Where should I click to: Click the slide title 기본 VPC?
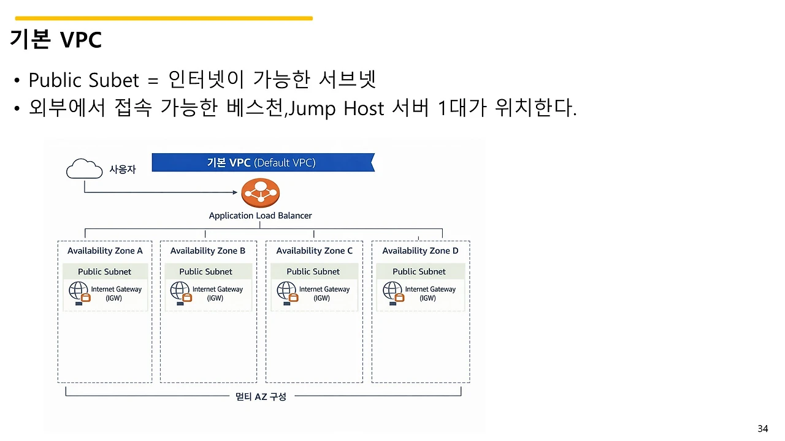tap(55, 40)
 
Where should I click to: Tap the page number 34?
tap(762, 428)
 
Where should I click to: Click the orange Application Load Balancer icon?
tap(261, 192)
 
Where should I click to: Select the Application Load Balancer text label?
tap(260, 216)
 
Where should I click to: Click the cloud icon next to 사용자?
tap(84, 168)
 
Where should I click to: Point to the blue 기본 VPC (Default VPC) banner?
tap(262, 162)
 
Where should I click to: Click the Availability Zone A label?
tap(105, 251)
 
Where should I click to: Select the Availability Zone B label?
tap(207, 251)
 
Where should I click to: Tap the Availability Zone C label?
tap(314, 251)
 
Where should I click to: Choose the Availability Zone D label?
tap(420, 251)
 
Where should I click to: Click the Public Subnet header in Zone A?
tap(105, 271)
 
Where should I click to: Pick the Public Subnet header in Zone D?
tap(419, 271)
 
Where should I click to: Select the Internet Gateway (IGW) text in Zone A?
tap(116, 293)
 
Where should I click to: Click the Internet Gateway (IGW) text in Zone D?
tap(430, 293)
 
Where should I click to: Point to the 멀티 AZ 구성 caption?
tap(261, 396)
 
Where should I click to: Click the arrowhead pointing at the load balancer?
tap(235, 192)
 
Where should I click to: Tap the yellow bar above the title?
tap(164, 18)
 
